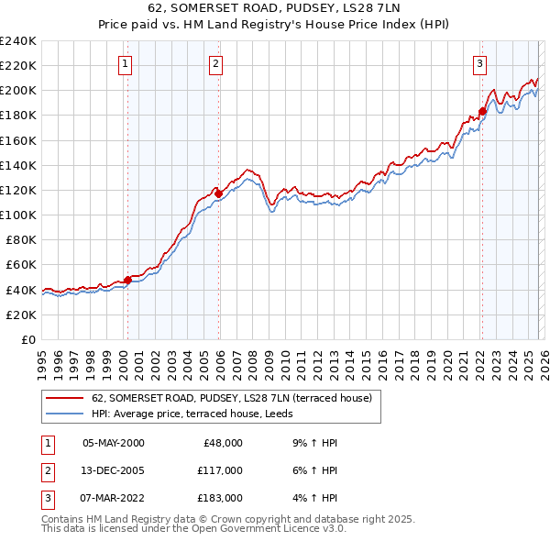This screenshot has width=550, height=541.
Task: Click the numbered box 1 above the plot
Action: tap(125, 63)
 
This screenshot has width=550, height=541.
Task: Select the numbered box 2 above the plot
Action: tap(214, 63)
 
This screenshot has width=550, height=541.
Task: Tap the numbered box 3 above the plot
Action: tap(479, 63)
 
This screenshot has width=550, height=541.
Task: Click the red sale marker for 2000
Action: tap(127, 280)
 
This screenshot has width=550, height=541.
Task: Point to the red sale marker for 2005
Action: tap(218, 193)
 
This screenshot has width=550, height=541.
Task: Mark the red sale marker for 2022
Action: tap(482, 111)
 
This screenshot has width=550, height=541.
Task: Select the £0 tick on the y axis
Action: tap(29, 339)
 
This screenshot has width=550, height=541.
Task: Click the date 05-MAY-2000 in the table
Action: tap(113, 442)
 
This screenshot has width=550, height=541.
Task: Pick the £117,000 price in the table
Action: tap(220, 469)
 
